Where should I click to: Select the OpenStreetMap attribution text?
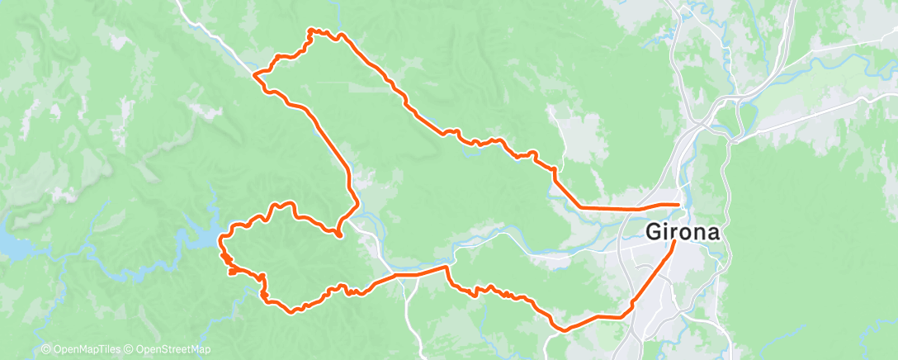point(168,350)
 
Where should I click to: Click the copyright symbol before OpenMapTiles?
point(45,350)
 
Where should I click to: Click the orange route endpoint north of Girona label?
point(678,204)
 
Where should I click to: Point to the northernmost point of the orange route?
point(311,30)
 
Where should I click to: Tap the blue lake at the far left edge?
point(10,244)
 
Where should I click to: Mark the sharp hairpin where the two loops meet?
point(339,235)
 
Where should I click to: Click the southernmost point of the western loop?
point(291,311)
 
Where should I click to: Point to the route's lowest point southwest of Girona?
point(565,329)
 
